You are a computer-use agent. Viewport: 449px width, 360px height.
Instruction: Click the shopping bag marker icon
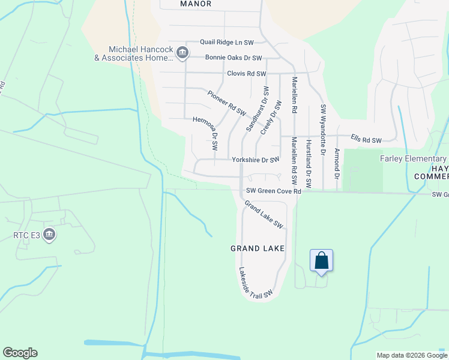click(321, 260)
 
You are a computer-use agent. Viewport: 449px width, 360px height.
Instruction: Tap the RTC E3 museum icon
click(49, 235)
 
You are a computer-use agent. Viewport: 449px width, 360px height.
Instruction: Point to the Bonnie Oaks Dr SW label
click(234, 58)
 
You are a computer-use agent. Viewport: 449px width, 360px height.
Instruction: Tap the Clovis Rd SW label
click(246, 74)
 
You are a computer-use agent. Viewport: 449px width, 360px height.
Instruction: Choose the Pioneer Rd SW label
click(227, 103)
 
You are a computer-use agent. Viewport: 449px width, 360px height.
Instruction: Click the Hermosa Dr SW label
click(205, 132)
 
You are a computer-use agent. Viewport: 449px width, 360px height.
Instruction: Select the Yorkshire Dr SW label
click(256, 160)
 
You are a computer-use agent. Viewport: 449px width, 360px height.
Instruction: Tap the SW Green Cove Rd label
click(273, 191)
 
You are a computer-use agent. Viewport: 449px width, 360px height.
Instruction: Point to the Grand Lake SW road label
click(264, 214)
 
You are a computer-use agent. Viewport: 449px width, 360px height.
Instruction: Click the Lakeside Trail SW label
click(256, 283)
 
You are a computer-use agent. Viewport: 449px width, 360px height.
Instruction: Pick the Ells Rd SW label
click(366, 140)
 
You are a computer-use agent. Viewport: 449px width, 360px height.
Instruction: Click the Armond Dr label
click(337, 164)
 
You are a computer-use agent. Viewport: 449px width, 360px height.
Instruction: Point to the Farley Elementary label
click(414, 158)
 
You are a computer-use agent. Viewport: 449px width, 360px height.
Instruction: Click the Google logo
click(20, 353)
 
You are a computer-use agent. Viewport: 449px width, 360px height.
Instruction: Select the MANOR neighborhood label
click(196, 4)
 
